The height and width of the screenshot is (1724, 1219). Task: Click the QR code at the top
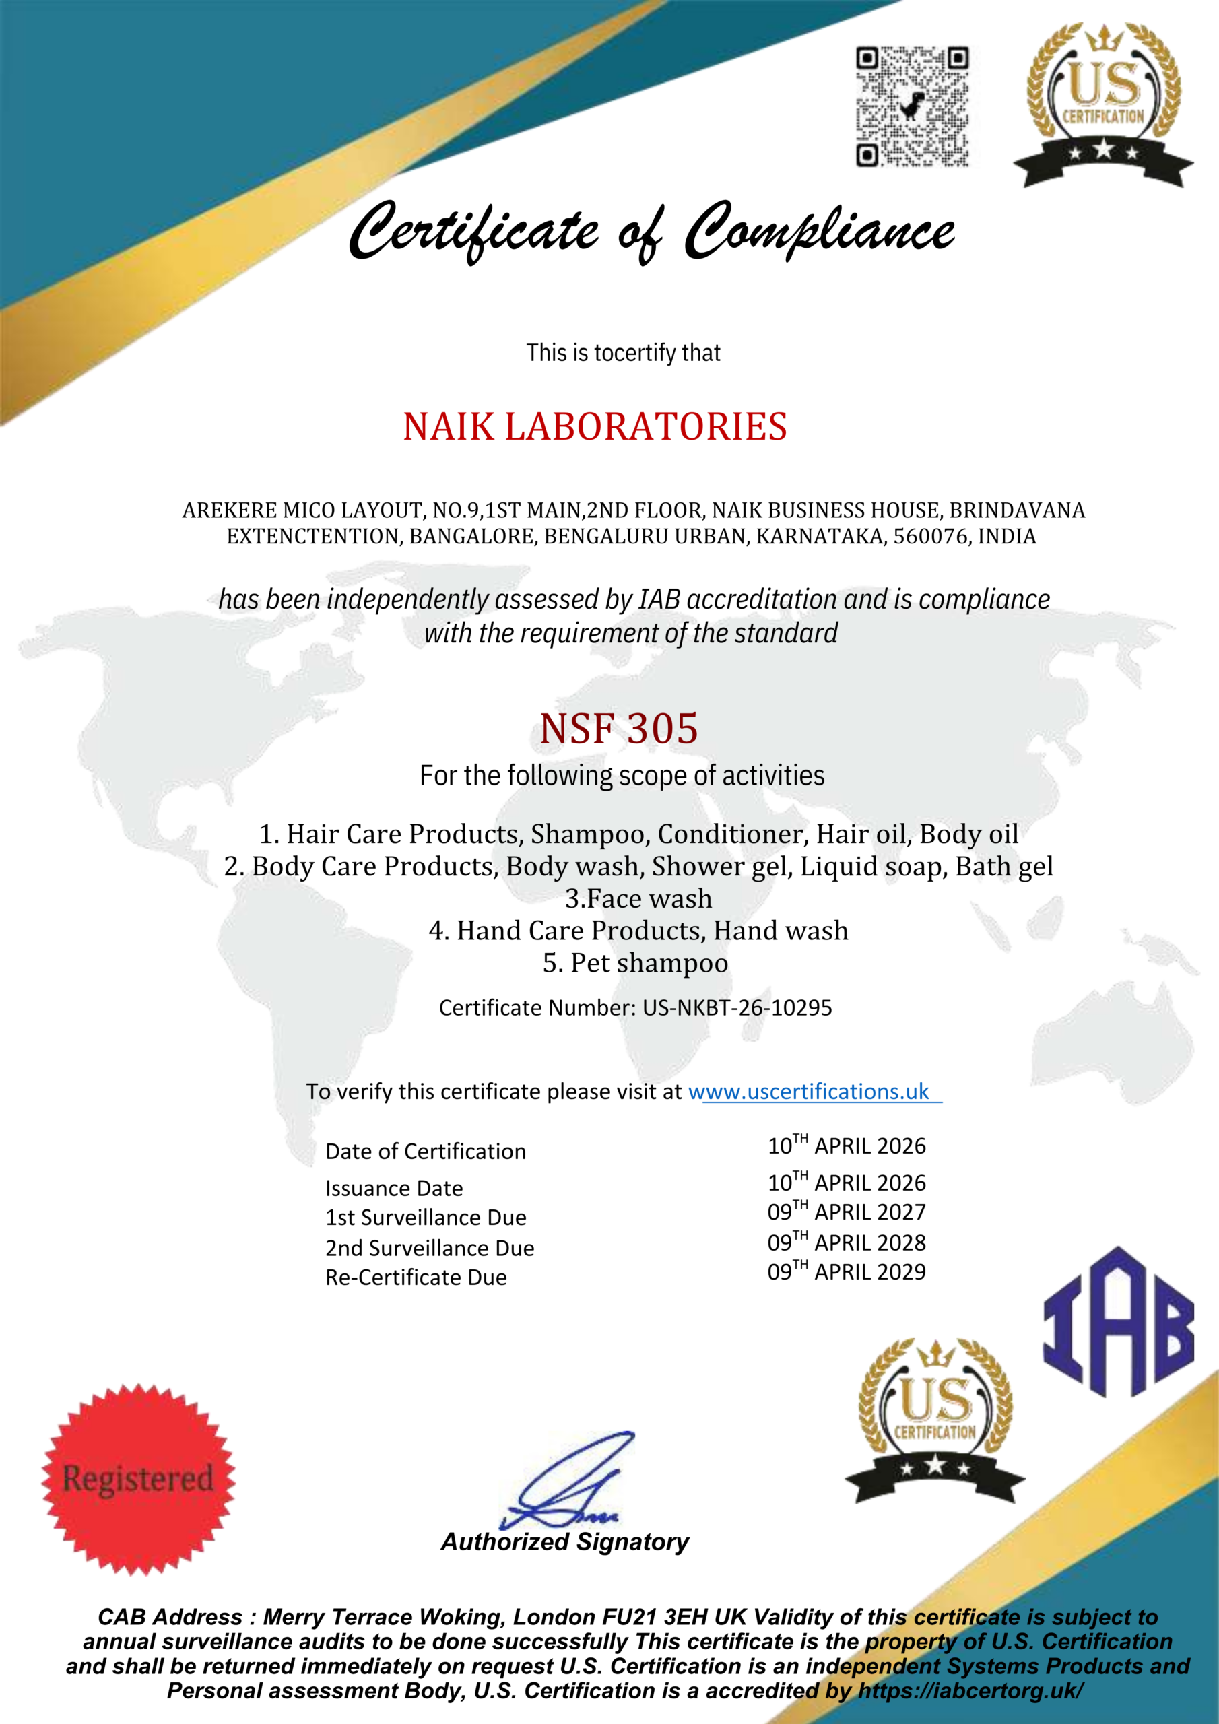click(x=912, y=106)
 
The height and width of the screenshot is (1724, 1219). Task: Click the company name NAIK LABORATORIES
click(x=595, y=426)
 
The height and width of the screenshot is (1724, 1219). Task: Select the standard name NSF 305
click(x=619, y=729)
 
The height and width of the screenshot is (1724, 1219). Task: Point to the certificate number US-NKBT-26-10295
click(x=737, y=1007)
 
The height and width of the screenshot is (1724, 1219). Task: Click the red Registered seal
click(x=138, y=1478)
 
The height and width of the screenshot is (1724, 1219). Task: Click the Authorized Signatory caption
click(x=565, y=1541)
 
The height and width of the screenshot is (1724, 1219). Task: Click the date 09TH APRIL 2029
click(x=847, y=1272)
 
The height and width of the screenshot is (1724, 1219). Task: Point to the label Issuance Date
click(x=394, y=1189)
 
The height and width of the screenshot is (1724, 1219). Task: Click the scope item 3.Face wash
click(x=638, y=899)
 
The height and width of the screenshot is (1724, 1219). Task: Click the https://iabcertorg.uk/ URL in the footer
click(x=970, y=1691)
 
